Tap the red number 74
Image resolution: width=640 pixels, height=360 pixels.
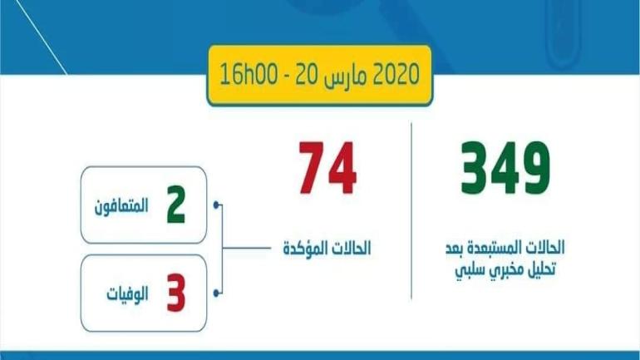pos(327,168)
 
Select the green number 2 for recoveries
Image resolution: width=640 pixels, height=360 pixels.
pos(175,206)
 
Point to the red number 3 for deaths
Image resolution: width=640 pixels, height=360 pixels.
pos(175,295)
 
